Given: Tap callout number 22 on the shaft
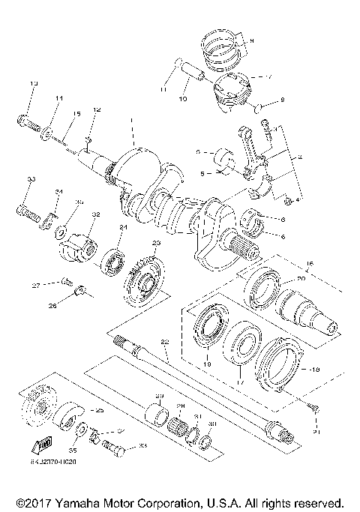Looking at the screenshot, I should point(164,342).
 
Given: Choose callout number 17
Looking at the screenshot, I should point(240,382).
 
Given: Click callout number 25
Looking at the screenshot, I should point(98,411).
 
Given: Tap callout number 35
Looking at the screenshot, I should point(73,451).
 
